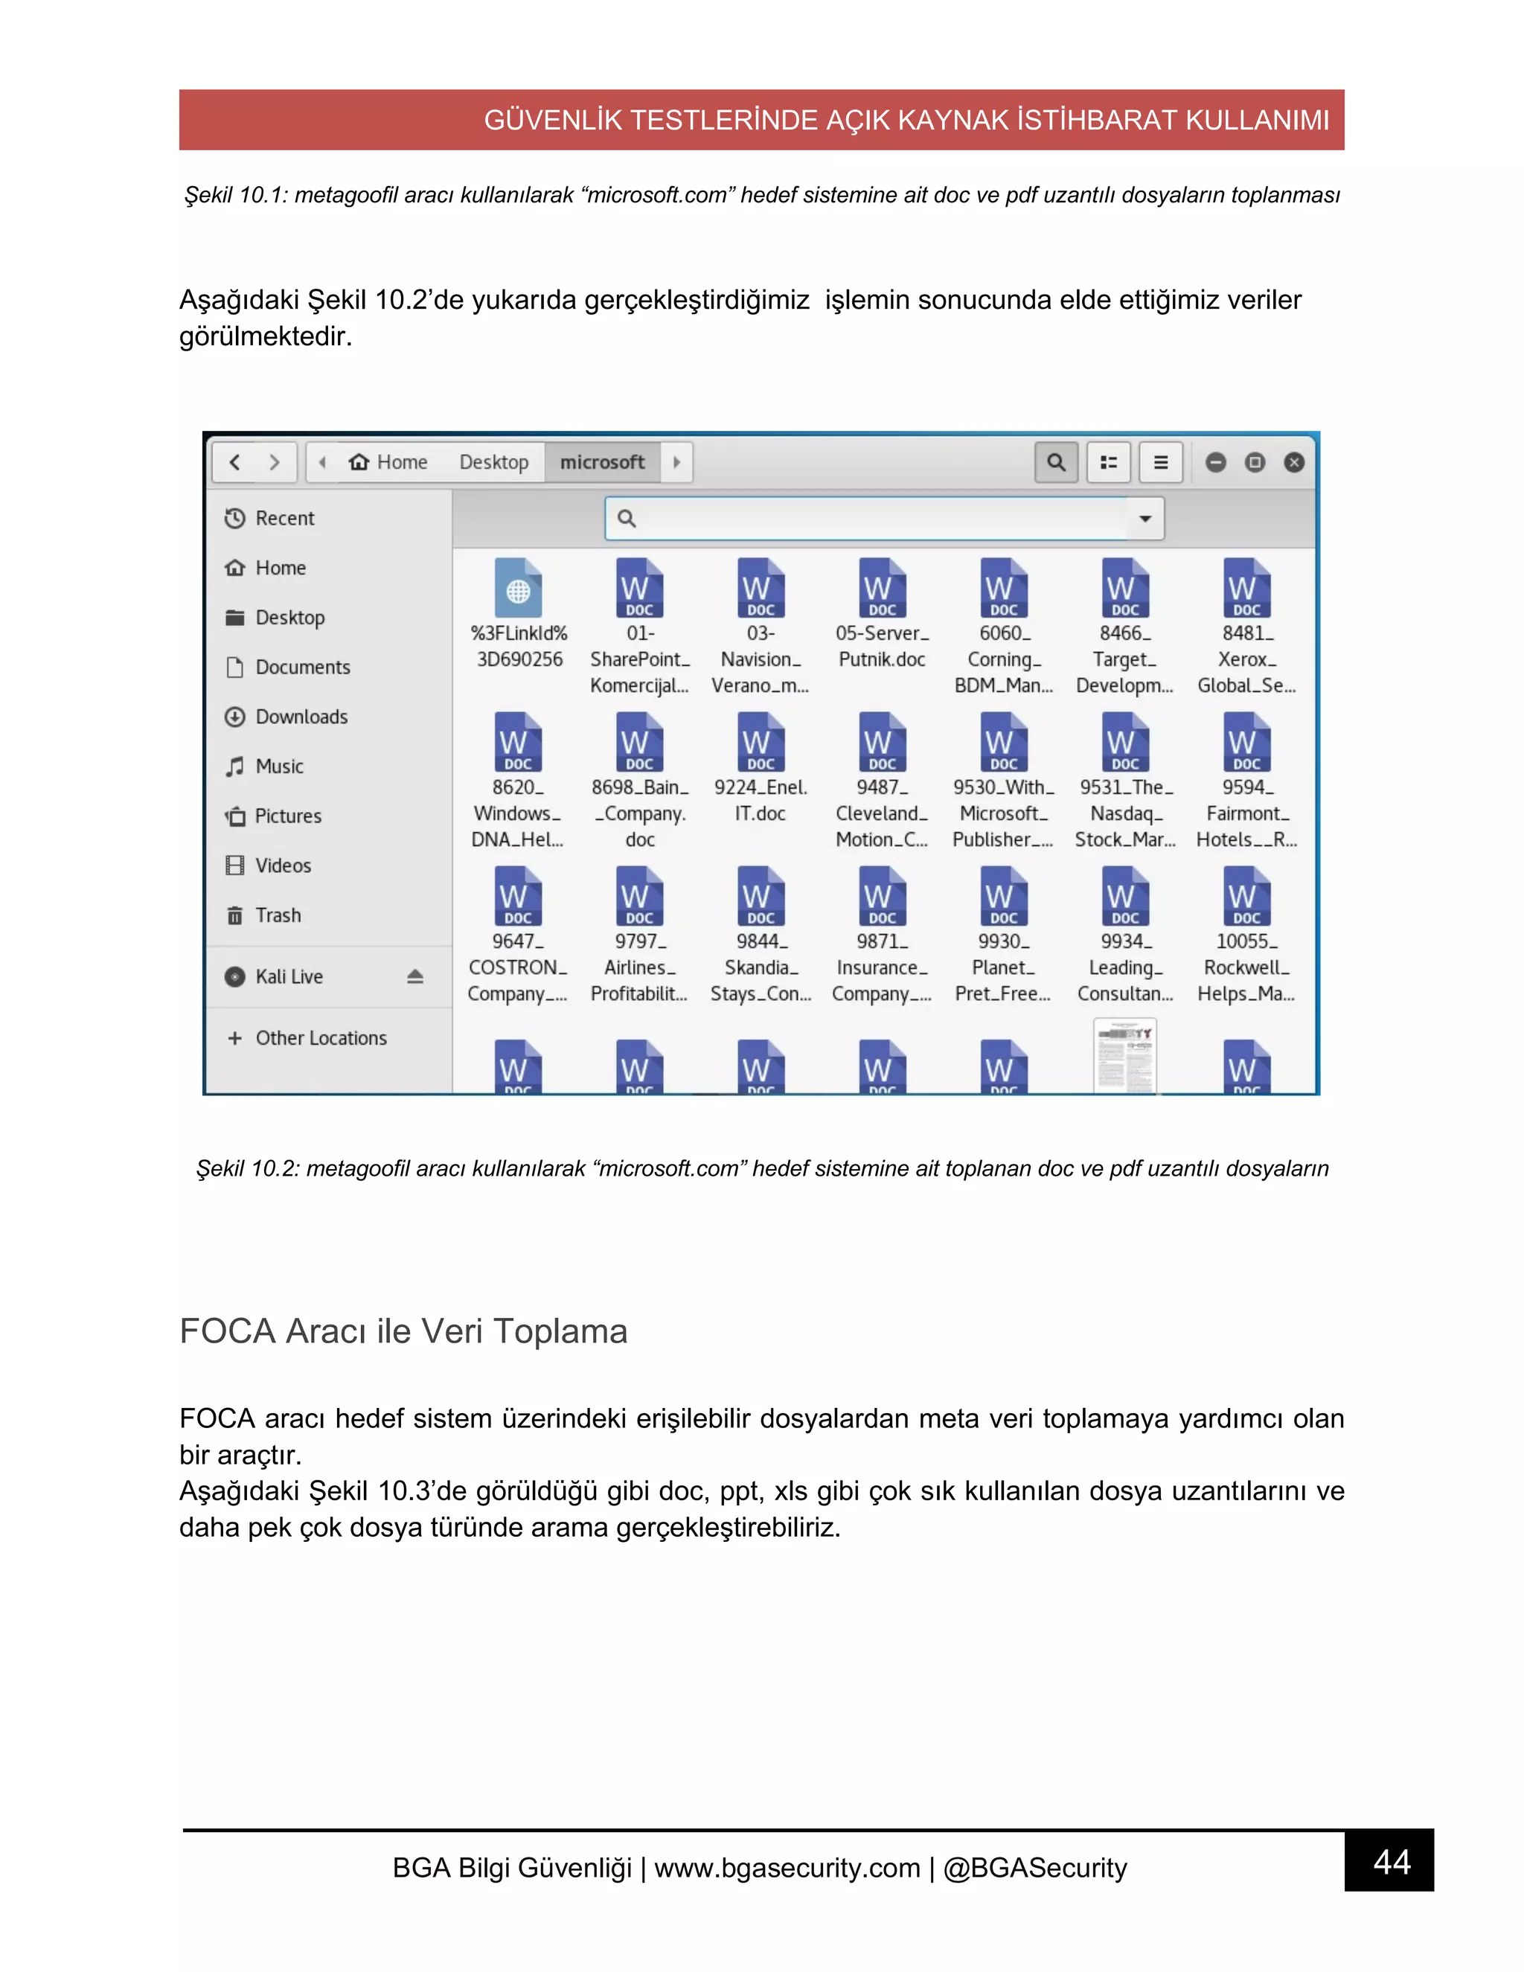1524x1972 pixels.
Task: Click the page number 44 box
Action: [x=1389, y=1861]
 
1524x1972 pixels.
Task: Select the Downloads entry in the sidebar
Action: [x=301, y=717]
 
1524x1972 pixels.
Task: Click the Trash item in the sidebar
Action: [x=277, y=915]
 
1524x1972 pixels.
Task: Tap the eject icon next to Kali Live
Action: [x=415, y=976]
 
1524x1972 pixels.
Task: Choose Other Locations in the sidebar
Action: [x=321, y=1037]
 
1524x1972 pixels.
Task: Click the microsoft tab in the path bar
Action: [x=602, y=462]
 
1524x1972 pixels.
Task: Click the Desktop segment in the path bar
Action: [x=494, y=462]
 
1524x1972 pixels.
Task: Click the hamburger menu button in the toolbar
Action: [x=1161, y=462]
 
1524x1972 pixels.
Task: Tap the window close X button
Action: [x=1294, y=462]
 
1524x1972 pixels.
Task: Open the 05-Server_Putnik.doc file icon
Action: [x=882, y=588]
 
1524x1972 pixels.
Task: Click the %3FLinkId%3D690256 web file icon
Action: [x=518, y=588]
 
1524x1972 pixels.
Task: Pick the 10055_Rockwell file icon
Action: [x=1246, y=896]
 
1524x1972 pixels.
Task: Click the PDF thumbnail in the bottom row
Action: [x=1125, y=1057]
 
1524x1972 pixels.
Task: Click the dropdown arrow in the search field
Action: [x=1144, y=518]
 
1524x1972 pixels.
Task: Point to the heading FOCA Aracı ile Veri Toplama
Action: [x=403, y=1331]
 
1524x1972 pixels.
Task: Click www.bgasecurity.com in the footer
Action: [x=787, y=1866]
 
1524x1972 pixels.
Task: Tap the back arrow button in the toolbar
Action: [x=234, y=462]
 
